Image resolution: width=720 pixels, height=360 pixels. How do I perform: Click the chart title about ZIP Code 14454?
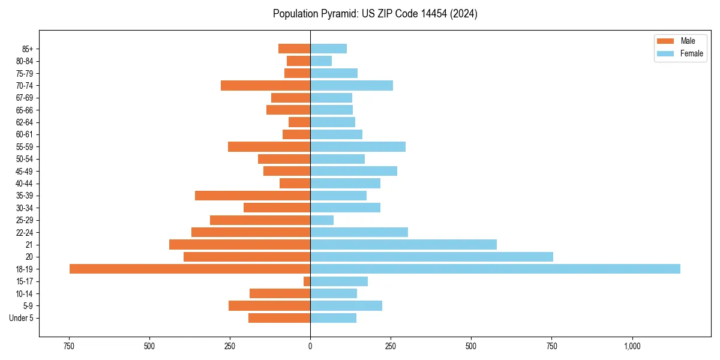click(375, 14)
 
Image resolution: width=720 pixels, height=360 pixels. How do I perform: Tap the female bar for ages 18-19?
click(495, 269)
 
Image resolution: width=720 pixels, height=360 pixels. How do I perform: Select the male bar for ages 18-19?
click(190, 269)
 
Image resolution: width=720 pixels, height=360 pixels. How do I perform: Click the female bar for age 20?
click(431, 257)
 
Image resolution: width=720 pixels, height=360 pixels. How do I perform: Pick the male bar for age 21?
click(239, 245)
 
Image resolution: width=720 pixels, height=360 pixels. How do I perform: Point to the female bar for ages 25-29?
click(322, 220)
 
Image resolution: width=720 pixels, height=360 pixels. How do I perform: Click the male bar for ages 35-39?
click(253, 196)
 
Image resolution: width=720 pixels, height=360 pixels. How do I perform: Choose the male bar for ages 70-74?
click(265, 85)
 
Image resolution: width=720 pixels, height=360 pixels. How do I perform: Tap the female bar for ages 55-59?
click(358, 147)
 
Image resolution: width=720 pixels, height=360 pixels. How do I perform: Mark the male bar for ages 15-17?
click(307, 281)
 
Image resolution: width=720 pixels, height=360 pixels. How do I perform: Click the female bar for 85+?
click(328, 49)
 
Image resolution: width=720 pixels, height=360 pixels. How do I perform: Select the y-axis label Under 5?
click(21, 318)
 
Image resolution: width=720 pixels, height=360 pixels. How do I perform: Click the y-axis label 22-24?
click(25, 233)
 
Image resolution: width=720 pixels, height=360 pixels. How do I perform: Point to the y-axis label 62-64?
click(25, 122)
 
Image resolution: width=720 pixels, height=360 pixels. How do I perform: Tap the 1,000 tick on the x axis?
click(632, 346)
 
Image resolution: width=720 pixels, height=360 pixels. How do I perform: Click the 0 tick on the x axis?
click(310, 346)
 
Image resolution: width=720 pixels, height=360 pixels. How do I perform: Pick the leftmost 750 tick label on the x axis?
click(68, 346)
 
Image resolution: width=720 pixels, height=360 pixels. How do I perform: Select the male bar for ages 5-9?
click(269, 306)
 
